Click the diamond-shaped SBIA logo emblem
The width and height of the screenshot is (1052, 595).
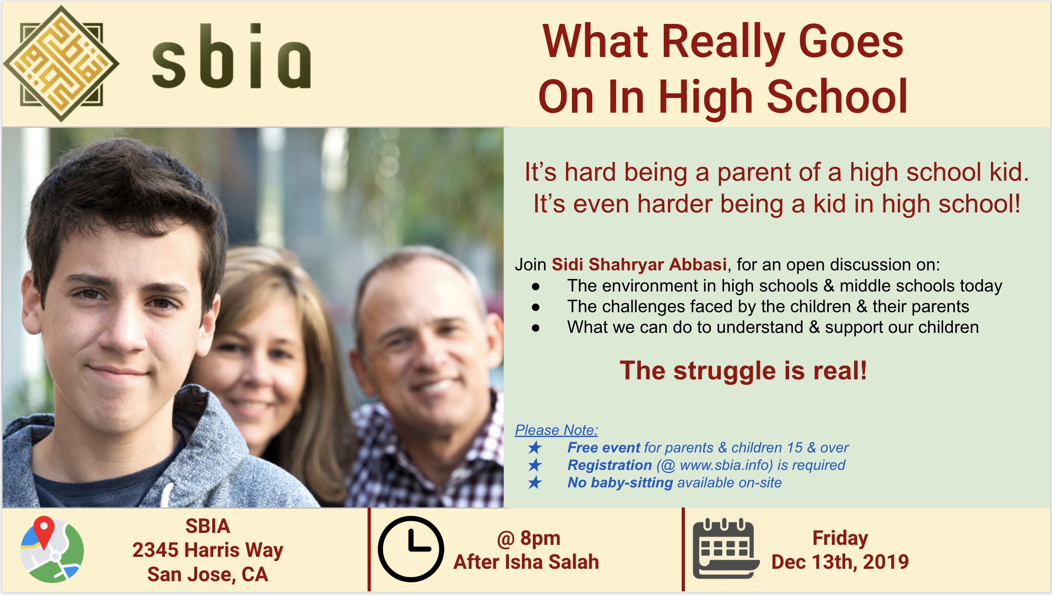coord(61,63)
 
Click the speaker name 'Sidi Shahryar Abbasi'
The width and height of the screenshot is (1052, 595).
coord(639,264)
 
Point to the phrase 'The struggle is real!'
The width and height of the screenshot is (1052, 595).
coord(743,371)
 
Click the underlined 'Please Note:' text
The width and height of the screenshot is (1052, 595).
coord(556,430)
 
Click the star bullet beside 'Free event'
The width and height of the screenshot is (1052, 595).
coord(535,447)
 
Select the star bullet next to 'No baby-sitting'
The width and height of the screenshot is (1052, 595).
coord(535,482)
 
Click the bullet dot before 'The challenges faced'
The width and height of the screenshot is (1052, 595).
coord(536,307)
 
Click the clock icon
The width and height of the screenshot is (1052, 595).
coord(411,549)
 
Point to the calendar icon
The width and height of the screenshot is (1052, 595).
coord(725,548)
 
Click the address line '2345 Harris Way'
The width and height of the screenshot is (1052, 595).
coord(208,550)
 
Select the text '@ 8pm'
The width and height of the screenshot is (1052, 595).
coord(529,538)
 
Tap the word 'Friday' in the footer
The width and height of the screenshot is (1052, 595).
coord(840,538)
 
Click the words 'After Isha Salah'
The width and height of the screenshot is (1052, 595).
coord(526,562)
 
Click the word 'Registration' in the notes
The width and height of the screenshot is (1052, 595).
coord(610,465)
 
